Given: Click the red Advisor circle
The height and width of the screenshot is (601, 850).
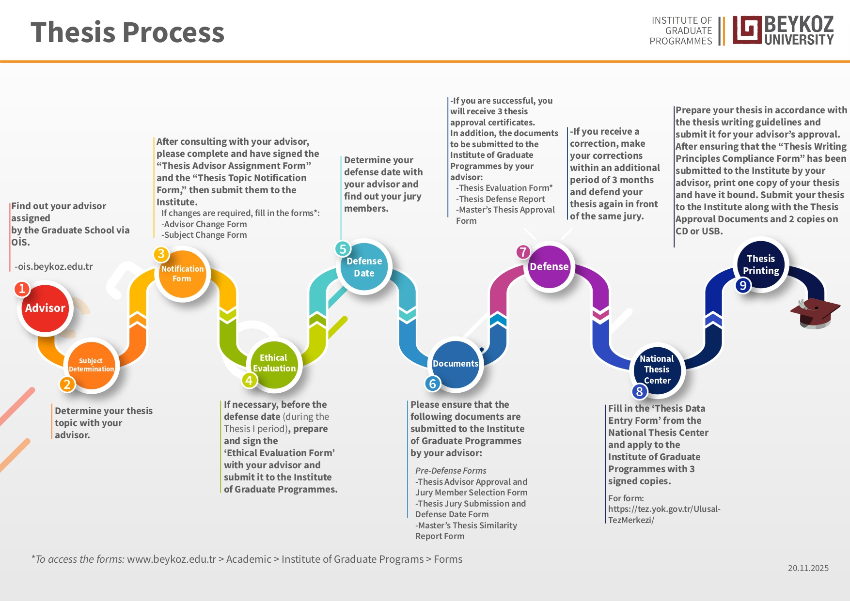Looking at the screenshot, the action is [45, 308].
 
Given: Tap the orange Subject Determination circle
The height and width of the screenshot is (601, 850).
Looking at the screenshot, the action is [91, 365].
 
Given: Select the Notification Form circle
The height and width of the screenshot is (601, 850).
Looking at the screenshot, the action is [182, 274].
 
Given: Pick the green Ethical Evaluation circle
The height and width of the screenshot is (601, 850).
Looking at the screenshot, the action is [274, 363].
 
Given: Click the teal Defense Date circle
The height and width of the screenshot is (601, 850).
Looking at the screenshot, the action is [364, 267].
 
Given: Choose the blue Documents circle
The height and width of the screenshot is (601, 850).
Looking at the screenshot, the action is [456, 364].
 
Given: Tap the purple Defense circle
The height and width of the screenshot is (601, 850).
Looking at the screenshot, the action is [549, 266].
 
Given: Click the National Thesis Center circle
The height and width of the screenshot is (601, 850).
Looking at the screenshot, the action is [657, 370].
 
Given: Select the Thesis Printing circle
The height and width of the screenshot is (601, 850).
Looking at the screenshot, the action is [761, 264].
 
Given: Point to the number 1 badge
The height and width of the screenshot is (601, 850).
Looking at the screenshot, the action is [22, 289].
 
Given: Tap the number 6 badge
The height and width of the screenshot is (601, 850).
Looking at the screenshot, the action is [433, 384].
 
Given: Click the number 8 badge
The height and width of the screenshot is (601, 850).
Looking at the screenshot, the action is [639, 391].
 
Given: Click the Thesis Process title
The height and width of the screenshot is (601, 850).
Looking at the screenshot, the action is [127, 32].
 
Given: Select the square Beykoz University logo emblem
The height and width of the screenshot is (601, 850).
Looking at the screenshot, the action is [747, 30].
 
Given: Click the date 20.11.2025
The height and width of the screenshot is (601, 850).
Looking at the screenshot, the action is [808, 568].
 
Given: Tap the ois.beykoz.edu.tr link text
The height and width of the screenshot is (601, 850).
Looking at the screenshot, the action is [54, 266].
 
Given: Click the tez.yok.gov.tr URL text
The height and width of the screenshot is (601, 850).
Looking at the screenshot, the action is [664, 514].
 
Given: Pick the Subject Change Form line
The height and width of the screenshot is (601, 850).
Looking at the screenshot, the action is [204, 235].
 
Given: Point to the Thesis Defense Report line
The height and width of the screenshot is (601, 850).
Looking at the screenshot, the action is [501, 199].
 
